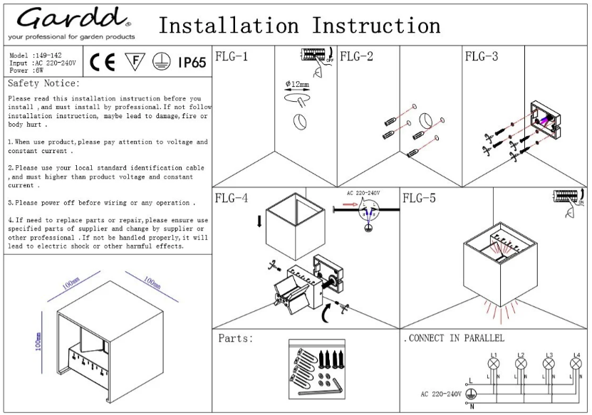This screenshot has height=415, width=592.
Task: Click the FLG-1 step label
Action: (x=231, y=56)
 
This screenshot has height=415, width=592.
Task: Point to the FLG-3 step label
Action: (x=481, y=56)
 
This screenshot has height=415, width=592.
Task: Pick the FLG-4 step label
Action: (x=231, y=198)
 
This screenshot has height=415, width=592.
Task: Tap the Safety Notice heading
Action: (x=43, y=83)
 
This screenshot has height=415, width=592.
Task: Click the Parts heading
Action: (x=236, y=338)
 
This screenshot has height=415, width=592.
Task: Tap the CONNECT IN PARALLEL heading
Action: (x=454, y=337)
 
